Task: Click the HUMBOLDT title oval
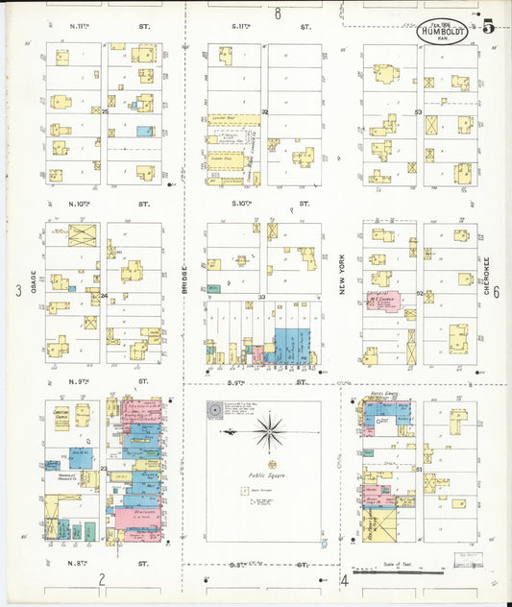(x=442, y=31)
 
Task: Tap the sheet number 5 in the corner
(x=488, y=27)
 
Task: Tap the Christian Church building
(x=61, y=415)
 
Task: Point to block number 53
(x=418, y=112)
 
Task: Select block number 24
(x=104, y=296)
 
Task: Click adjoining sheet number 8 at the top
(x=277, y=13)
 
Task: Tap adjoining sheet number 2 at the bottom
(x=101, y=578)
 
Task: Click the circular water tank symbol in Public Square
(x=213, y=410)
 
